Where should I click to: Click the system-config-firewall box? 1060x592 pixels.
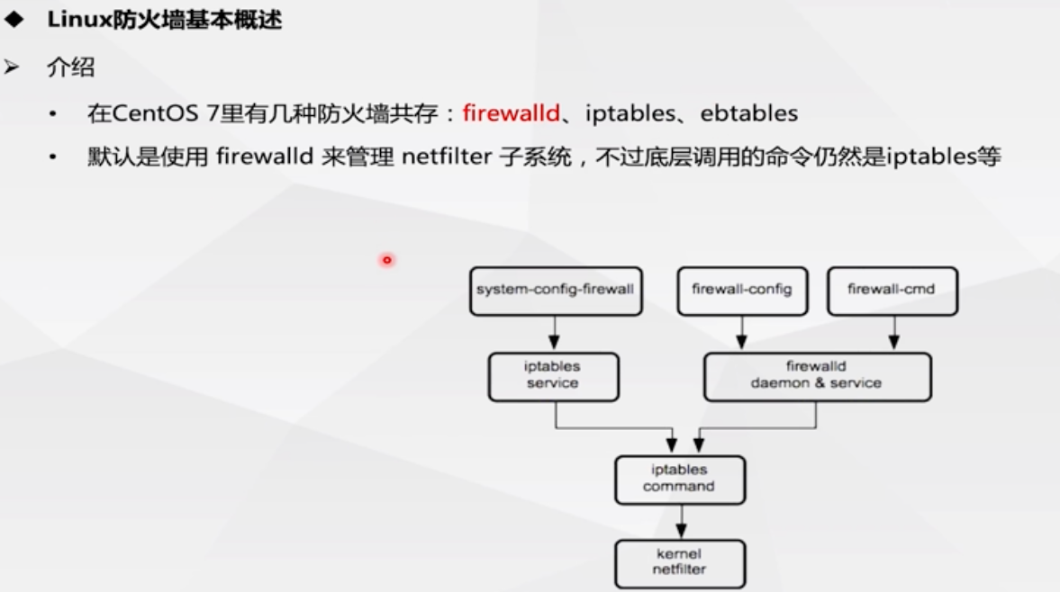pos(556,291)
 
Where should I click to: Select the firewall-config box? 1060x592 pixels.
pos(742,291)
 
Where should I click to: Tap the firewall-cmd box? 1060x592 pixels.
pos(892,291)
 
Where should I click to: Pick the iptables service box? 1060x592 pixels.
pos(553,377)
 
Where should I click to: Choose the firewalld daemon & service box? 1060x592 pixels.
pos(818,377)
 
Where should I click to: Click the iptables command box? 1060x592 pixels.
pos(680,480)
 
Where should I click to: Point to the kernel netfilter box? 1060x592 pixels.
pos(680,563)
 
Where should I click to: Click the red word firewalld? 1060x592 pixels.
pos(511,112)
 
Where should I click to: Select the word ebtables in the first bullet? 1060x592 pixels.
pos(749,112)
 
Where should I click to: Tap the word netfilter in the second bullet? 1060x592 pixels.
pos(447,157)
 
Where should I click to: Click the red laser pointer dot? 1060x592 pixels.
pos(386,260)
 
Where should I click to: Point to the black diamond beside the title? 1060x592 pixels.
pos(14,20)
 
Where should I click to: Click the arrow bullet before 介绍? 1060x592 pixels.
pos(12,67)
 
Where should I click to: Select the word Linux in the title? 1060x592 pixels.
pos(79,20)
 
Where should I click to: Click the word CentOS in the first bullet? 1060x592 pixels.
pos(155,112)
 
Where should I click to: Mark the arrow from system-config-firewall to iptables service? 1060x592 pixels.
pos(555,332)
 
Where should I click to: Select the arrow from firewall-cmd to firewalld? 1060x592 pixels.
pos(893,332)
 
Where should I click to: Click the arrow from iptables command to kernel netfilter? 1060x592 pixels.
pos(682,521)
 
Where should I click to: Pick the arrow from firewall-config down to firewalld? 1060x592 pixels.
pos(741,332)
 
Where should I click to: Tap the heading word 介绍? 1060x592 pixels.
pos(70,67)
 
